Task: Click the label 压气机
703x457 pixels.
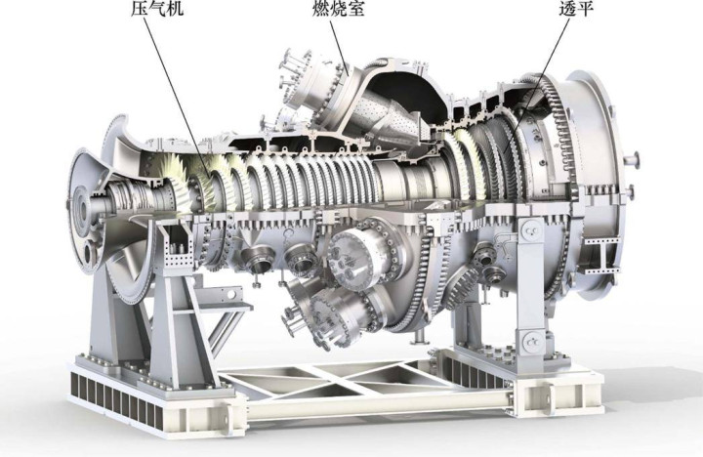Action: pyautogui.click(x=157, y=8)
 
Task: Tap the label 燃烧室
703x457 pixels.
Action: pyautogui.click(x=339, y=8)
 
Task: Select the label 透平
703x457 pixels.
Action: pyautogui.click(x=576, y=8)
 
